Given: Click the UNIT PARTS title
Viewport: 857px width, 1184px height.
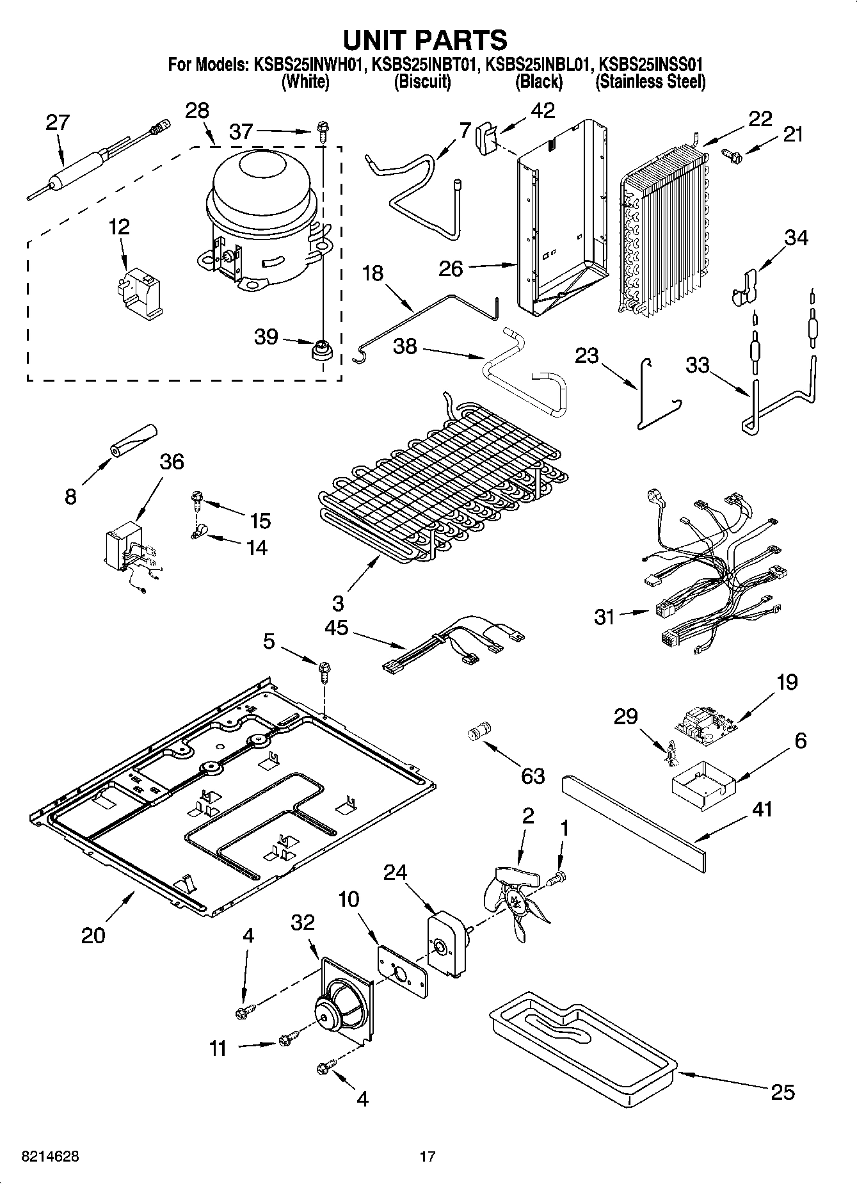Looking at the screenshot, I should click(425, 40).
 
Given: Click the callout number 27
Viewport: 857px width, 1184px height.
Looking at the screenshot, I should click(58, 122).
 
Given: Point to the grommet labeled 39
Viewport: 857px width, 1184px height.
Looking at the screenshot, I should click(320, 350).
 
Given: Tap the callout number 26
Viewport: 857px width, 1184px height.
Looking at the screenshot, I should click(451, 268).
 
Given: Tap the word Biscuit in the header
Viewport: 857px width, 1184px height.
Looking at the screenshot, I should click(422, 82).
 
